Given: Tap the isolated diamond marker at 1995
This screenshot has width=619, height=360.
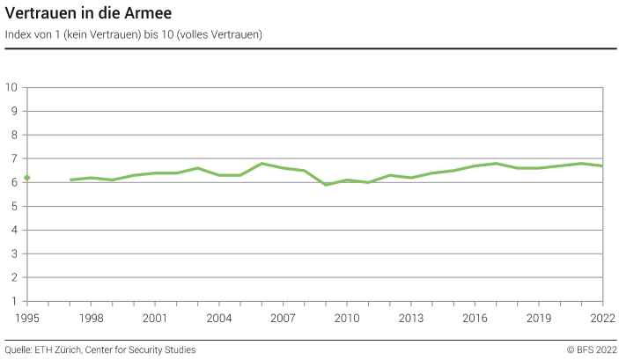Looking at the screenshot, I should coord(27,178).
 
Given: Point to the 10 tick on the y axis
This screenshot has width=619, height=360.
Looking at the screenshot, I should coord(12,87).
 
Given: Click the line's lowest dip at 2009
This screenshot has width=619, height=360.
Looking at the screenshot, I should coord(326,185).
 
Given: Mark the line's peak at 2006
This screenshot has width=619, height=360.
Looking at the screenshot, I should coord(262,163).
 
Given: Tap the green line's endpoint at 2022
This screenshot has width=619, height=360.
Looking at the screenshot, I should coord(602,165).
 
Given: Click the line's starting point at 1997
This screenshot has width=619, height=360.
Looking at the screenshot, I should coord(70,180).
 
